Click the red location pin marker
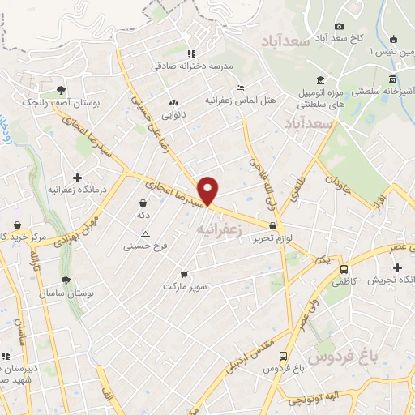[209, 190]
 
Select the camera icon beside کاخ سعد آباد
[339, 27]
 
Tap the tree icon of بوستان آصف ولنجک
[60, 90]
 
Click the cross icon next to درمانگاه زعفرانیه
[77, 178]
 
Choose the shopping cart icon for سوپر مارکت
[186, 274]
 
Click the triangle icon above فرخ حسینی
[146, 233]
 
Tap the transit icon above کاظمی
[344, 269]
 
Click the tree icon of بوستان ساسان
[66, 280]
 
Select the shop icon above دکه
[143, 203]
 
